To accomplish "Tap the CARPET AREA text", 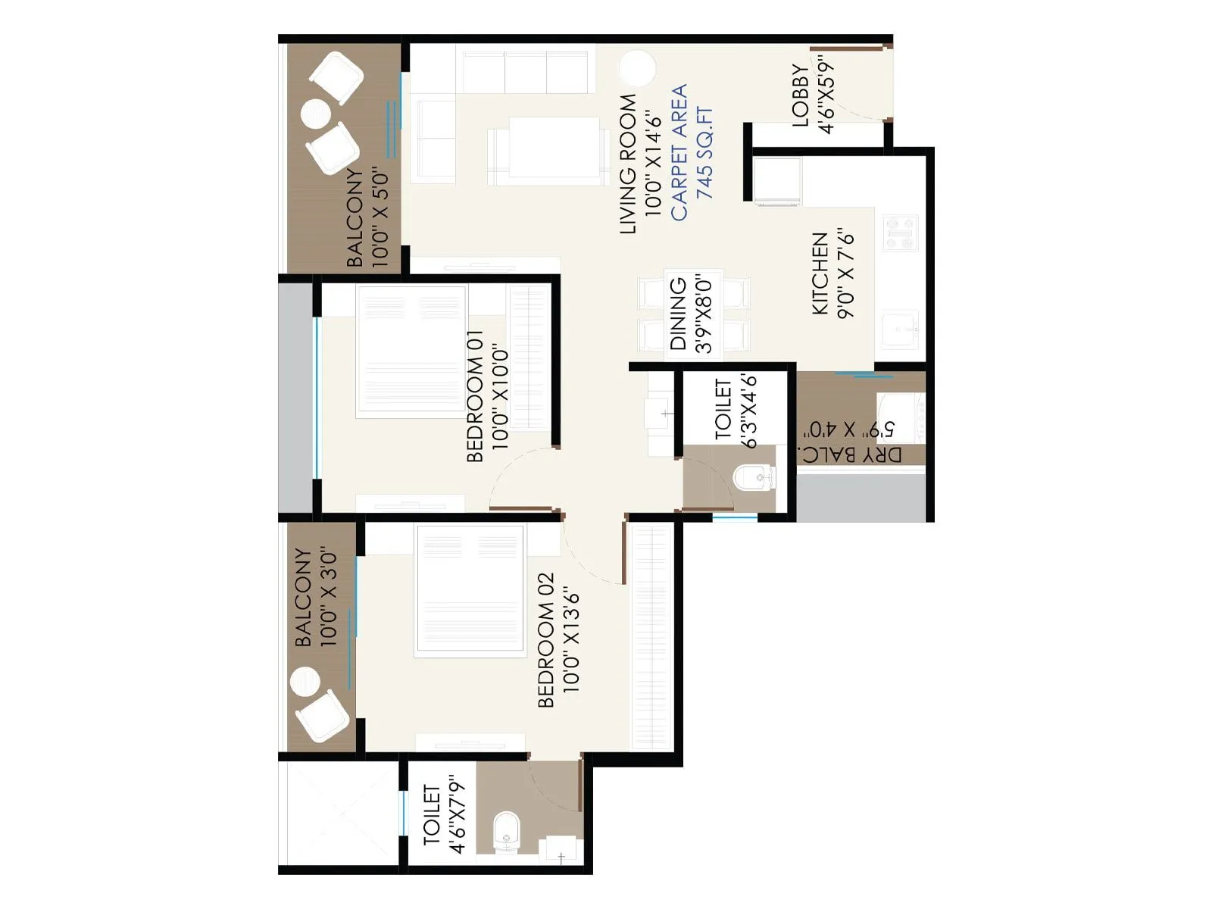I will click(679, 152).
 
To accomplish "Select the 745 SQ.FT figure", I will click(704, 152).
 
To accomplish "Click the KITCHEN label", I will click(820, 273).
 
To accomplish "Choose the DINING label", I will click(679, 313).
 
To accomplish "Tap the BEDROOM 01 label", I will click(475, 395).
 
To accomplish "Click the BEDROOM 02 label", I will click(546, 640).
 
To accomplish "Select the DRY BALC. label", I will click(851, 454).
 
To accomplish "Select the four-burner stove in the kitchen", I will click(901, 233).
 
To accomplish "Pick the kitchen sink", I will click(900, 328).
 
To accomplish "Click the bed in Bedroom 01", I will click(412, 349).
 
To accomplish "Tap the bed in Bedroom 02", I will click(470, 589).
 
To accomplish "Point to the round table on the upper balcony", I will click(316, 114).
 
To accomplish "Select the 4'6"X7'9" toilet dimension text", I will click(457, 814).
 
